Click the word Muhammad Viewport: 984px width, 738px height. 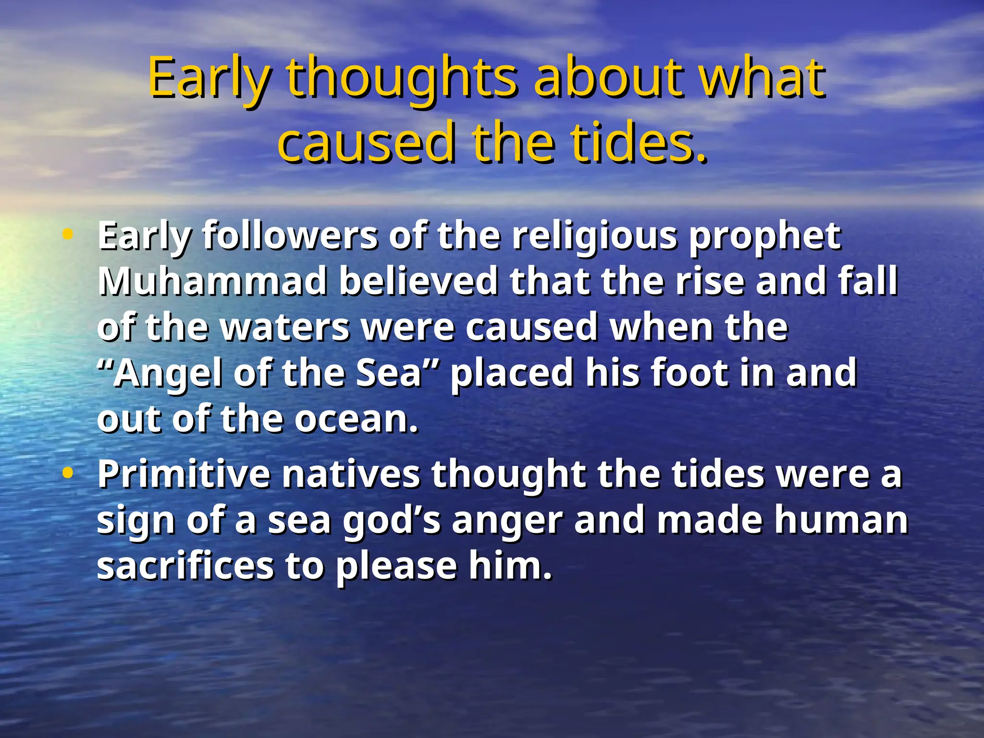point(212,282)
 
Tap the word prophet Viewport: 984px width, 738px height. point(765,236)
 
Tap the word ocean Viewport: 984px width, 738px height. point(356,419)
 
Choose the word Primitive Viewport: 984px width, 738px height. point(184,475)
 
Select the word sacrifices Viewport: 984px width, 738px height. point(185,566)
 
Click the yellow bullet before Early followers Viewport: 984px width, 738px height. point(68,235)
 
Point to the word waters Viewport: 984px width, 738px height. point(285,328)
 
